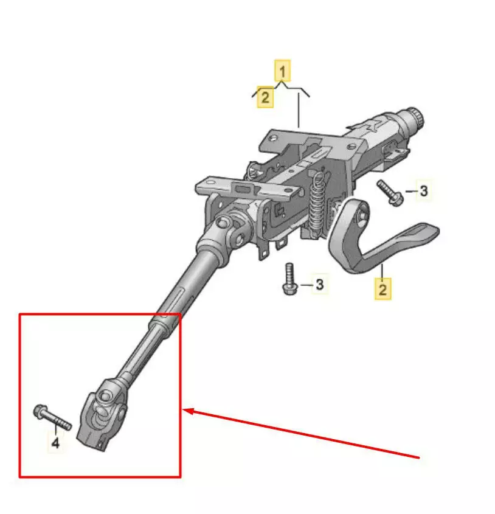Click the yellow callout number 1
pyautogui.click(x=282, y=71)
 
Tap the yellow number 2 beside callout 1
pyautogui.click(x=265, y=97)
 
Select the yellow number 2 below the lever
pyautogui.click(x=382, y=289)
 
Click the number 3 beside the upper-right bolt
pyautogui.click(x=423, y=191)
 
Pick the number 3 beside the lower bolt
pyautogui.click(x=319, y=284)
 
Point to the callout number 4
pyautogui.click(x=55, y=443)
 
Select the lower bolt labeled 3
pyautogui.click(x=289, y=279)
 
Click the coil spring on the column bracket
pyautogui.click(x=317, y=203)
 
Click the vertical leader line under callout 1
pyautogui.click(x=299, y=111)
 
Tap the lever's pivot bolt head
pyautogui.click(x=362, y=216)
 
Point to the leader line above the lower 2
pyautogui.click(x=382, y=271)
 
